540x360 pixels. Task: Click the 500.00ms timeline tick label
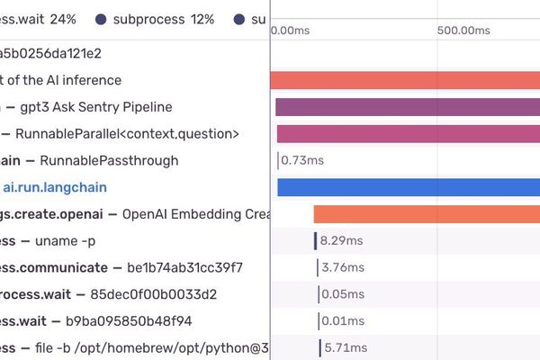463,30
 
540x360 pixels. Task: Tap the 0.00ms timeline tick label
291,30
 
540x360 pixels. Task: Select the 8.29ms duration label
342,241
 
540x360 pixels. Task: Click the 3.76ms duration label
342,267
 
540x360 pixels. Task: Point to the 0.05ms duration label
342,294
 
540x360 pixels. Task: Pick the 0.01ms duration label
342,321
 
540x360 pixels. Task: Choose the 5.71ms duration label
343,347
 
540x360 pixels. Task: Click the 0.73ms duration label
302,161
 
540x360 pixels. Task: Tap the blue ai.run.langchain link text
55,187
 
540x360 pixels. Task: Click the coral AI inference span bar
405,80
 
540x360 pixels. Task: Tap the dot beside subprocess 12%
101,19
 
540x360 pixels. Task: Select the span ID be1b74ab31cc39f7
185,267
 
